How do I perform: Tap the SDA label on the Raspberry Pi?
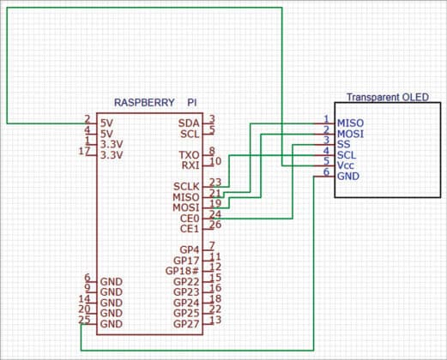pyautogui.click(x=189, y=123)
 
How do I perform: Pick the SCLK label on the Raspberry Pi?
pyautogui.click(x=186, y=186)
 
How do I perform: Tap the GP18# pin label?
pyautogui.click(x=184, y=271)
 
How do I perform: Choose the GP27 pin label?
pyautogui.click(x=186, y=324)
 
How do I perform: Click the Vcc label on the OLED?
pyautogui.click(x=347, y=165)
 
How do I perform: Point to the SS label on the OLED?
pyautogui.click(x=345, y=144)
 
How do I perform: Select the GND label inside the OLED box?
pyautogui.click(x=349, y=176)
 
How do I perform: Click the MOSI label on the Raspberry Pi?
pyautogui.click(x=186, y=207)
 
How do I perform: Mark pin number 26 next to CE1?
pyautogui.click(x=215, y=225)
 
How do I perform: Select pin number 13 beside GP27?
pyautogui.click(x=215, y=320)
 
